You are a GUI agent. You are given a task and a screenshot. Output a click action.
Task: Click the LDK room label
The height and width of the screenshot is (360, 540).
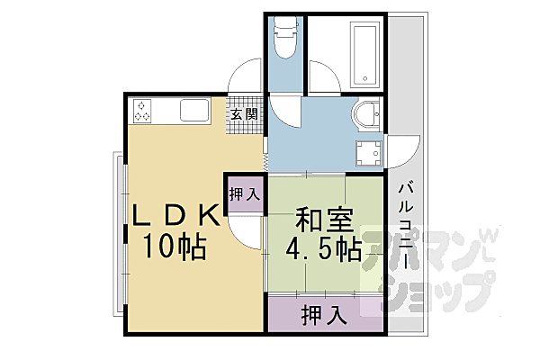(x=176, y=216)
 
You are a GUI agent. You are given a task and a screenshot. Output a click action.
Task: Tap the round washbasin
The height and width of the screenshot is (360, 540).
(x=366, y=114)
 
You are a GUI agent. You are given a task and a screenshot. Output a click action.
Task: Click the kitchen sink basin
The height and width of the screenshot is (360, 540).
(x=194, y=112)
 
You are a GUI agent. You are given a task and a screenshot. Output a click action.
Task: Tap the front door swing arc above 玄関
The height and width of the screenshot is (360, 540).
(x=245, y=76)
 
